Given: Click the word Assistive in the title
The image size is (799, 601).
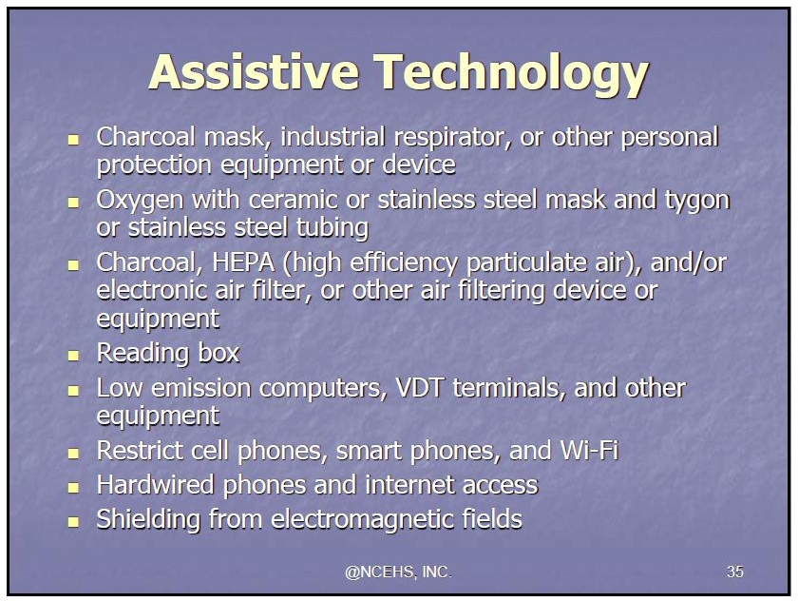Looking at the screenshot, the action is point(254,72).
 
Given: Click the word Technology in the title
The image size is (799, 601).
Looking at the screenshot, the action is point(511,75).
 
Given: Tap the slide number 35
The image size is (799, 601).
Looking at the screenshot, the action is point(734,572).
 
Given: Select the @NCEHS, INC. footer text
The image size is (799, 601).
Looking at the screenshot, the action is point(398,572).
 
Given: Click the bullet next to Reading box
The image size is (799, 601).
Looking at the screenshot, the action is point(73,355).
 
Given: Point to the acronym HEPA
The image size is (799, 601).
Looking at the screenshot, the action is point(243,262).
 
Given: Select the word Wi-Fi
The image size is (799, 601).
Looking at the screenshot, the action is point(589,451).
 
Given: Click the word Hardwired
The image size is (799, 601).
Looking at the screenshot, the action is point(156,485).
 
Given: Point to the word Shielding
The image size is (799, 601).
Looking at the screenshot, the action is point(148,520).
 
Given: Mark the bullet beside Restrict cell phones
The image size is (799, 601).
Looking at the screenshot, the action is point(73,453).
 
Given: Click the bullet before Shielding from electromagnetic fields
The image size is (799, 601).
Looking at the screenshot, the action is point(73,522).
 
